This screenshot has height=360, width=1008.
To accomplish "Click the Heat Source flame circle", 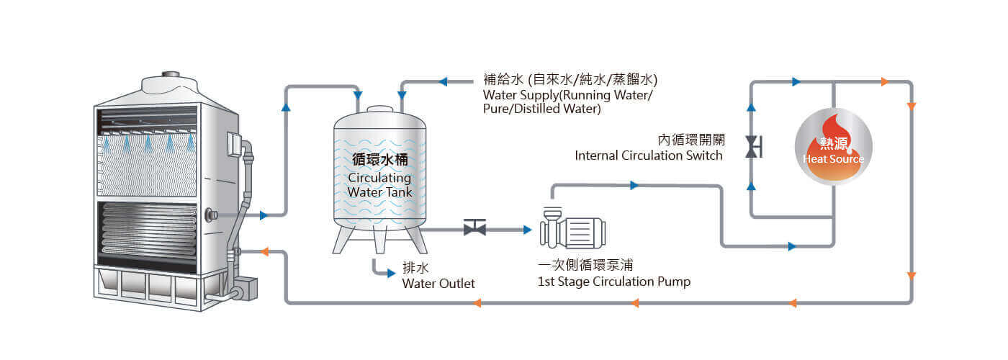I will pos(833,147).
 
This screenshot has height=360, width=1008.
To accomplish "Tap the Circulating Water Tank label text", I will pos(379,184).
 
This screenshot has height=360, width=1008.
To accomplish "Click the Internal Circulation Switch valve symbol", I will pos(752,146).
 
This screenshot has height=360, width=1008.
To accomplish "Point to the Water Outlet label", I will pos(438,284).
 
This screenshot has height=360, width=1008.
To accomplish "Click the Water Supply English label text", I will pos(569,102).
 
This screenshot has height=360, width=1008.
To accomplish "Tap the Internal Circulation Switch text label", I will pos(648,156).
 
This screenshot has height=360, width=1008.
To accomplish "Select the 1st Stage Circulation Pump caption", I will pos(613,282).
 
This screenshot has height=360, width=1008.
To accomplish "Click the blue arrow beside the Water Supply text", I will pos(443,81).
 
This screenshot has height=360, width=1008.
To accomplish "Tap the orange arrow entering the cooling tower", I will pos(264,251).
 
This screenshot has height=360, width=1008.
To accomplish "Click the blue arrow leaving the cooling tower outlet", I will pos(264,215).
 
